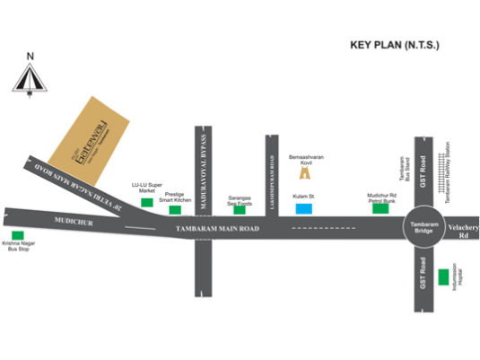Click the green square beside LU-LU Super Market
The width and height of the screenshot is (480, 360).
(x=146, y=202)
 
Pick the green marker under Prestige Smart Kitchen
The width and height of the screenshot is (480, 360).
(x=175, y=210)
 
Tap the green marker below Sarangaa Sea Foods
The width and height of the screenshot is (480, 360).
(x=240, y=210)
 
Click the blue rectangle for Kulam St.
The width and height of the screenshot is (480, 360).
(x=304, y=209)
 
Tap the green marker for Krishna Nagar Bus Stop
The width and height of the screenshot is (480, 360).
(x=14, y=235)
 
